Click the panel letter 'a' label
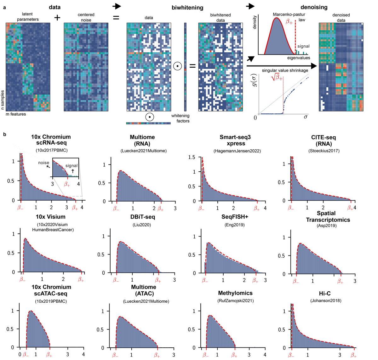[4, 7]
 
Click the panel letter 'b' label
[4, 134]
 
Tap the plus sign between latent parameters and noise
[57, 18]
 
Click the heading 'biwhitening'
[187, 8]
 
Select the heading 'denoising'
[314, 7]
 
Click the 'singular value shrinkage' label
[285, 71]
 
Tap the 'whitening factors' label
[180, 118]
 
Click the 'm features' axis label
[16, 114]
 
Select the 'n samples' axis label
[3, 100]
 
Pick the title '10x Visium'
[50, 217]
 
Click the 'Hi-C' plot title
[325, 294]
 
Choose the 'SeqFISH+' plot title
[234, 217]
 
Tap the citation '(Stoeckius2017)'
[324, 151]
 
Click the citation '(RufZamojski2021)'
[235, 300]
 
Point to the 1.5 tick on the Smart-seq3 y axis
[192, 157]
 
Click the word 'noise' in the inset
[43, 163]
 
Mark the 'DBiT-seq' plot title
[142, 217]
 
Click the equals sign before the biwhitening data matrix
[116, 18]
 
